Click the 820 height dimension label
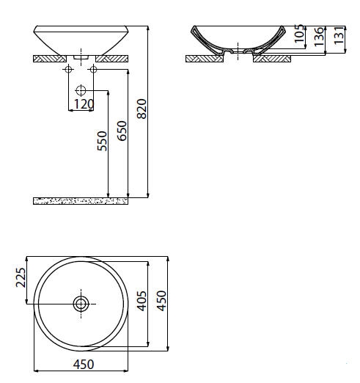point(142,109)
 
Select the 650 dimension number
point(122,131)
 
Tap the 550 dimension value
point(102,141)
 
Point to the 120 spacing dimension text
point(84,104)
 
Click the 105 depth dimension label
point(299,34)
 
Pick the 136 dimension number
point(319,37)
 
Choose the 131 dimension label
point(339,35)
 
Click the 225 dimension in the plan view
point(21,277)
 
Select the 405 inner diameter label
point(142,301)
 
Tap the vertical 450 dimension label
point(161,301)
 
